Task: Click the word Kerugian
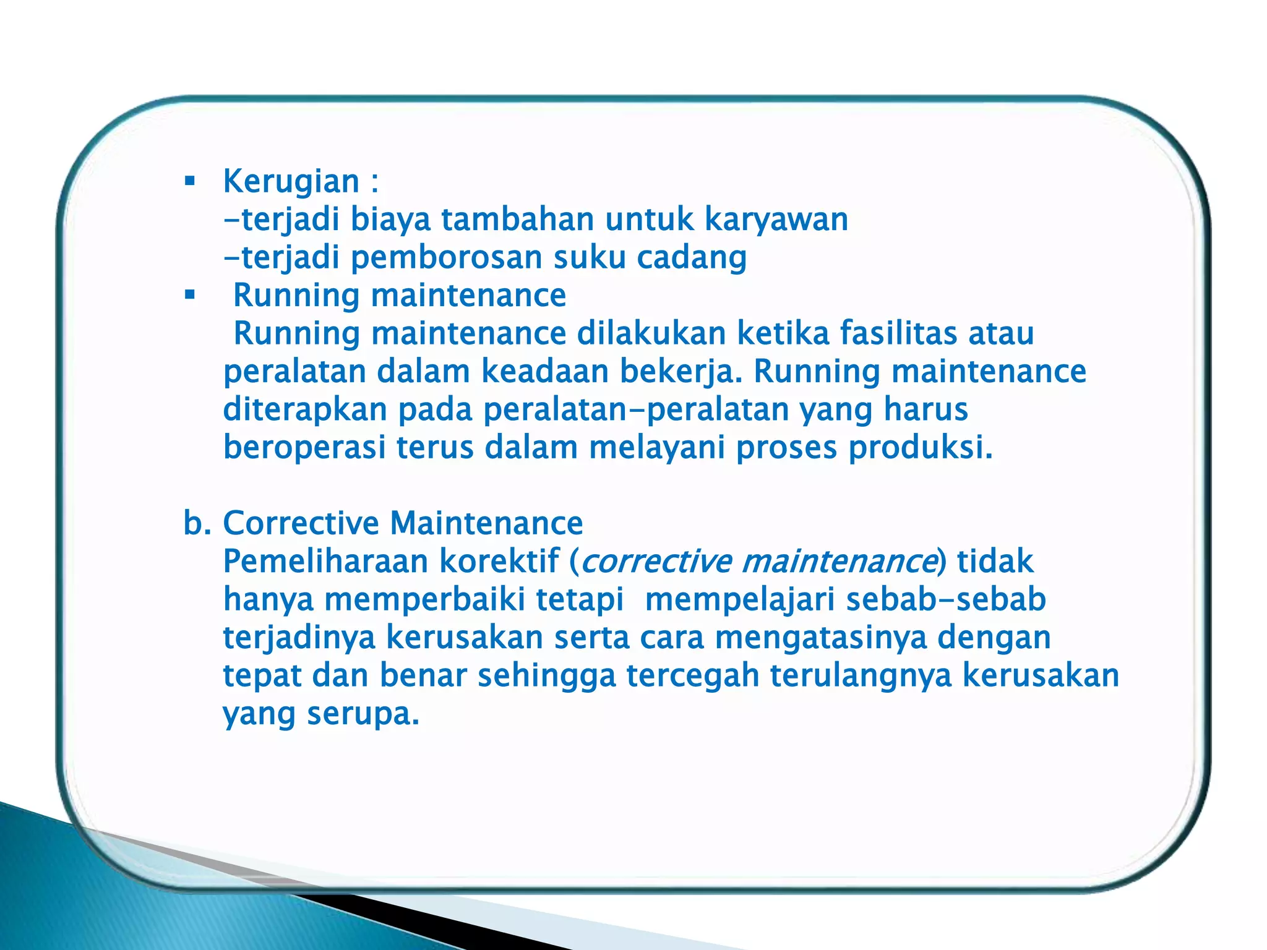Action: point(291,182)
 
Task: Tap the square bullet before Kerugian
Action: point(190,182)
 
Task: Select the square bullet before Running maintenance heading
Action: point(190,295)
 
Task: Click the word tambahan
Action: point(517,220)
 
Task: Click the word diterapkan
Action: point(304,410)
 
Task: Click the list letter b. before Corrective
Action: point(197,523)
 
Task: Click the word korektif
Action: point(499,562)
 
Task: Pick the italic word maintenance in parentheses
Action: point(838,562)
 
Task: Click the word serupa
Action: point(363,714)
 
